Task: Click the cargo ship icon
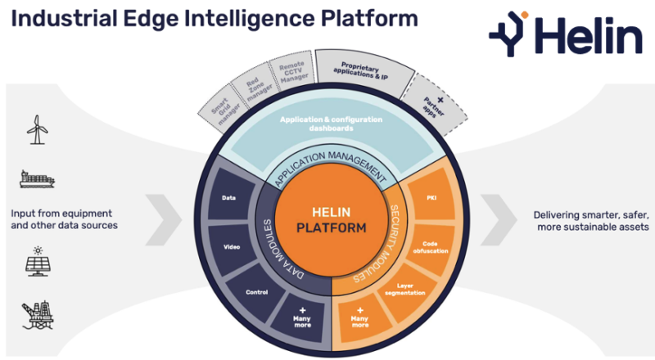(x=36, y=178)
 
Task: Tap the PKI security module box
(x=431, y=199)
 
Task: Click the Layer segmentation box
(x=406, y=290)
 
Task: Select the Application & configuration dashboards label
(x=330, y=124)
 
